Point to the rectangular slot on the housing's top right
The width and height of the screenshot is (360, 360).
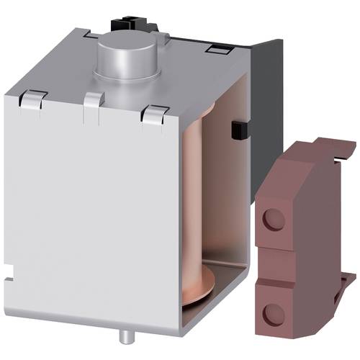(215, 49)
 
